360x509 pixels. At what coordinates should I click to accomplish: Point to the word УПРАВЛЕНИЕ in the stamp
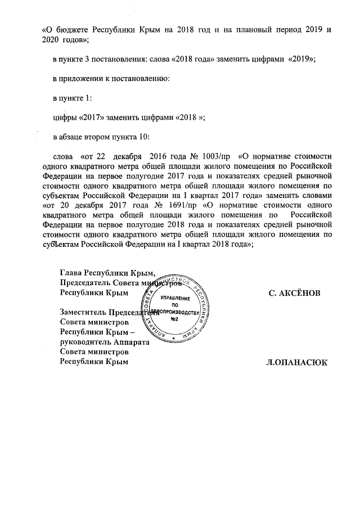(x=175, y=297)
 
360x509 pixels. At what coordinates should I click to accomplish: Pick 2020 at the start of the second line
(x=52, y=39)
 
